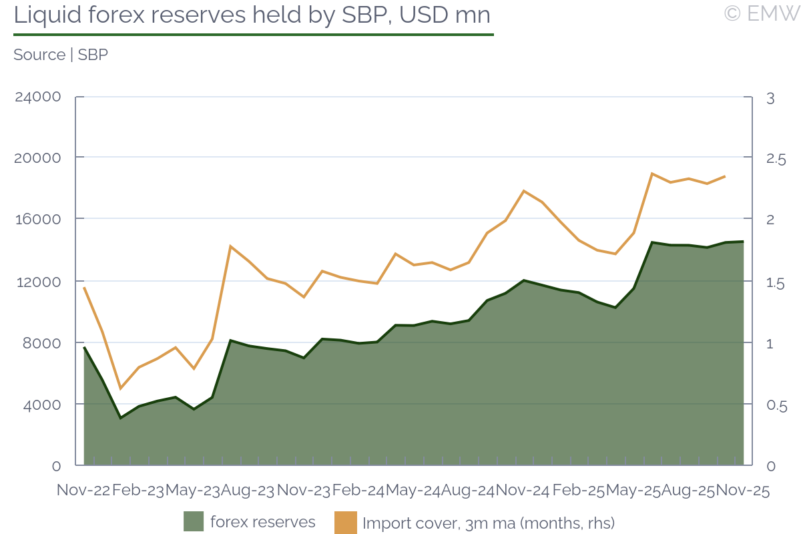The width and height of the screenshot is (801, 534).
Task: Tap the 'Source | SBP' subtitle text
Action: click(x=61, y=55)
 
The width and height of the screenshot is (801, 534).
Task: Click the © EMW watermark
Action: click(x=761, y=13)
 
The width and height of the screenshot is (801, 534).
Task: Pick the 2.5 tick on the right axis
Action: click(x=776, y=159)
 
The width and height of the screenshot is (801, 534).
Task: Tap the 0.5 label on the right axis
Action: click(x=776, y=406)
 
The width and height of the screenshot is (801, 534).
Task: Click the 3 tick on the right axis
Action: click(x=770, y=98)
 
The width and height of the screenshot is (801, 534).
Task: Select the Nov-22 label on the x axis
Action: click(x=83, y=491)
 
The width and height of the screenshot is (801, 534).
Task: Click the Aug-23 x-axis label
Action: click(x=248, y=491)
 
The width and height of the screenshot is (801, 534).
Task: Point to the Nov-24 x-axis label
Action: click(x=523, y=491)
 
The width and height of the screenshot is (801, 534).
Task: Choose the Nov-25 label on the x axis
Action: click(x=742, y=491)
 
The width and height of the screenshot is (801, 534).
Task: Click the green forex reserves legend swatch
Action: click(x=194, y=522)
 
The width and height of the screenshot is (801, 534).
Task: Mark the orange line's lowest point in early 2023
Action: click(x=120, y=388)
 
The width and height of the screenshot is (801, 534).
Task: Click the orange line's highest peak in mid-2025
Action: click(x=651, y=174)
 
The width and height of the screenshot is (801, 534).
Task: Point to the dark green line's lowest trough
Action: click(x=120, y=418)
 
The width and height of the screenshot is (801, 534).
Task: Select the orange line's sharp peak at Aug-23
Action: click(x=230, y=246)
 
